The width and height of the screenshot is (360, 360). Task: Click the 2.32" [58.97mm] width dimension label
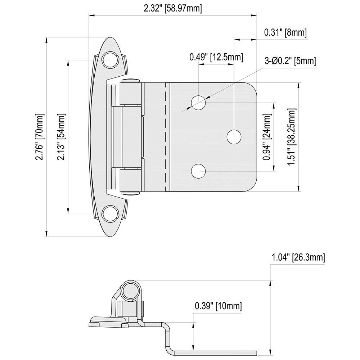(x=172, y=8)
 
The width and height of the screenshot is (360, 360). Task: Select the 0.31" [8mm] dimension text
(x=285, y=33)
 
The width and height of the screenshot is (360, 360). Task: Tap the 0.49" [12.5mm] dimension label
(x=216, y=57)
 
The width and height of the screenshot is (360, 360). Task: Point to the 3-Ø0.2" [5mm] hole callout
(x=290, y=61)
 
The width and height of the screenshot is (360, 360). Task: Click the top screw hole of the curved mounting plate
(x=111, y=59)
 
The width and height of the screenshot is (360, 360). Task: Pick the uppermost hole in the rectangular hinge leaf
(x=198, y=103)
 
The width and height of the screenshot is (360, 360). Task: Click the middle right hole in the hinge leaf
(x=234, y=137)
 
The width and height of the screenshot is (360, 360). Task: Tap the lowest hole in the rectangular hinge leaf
(x=198, y=171)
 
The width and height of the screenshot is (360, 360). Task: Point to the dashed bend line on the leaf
(x=167, y=137)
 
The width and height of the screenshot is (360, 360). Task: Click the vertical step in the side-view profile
(x=168, y=335)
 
